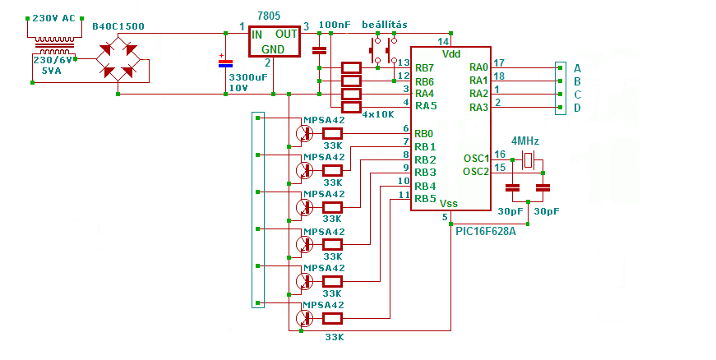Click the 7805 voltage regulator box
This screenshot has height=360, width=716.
pos(274,42)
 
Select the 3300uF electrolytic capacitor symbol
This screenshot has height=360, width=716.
pos(225,63)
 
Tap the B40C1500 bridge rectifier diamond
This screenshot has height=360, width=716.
pos(118,58)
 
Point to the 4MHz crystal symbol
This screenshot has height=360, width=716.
pos(528,160)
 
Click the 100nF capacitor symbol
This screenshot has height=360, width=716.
pos(319,50)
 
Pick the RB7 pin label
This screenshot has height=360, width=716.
pos(424,68)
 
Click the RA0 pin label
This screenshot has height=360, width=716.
pos(478,67)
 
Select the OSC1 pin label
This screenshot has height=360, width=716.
pos(476,159)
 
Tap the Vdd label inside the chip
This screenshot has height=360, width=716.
pos(451,54)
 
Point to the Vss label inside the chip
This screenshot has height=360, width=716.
pos(448,203)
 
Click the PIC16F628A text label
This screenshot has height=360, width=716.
pos(486,231)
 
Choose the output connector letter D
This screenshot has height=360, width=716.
pos(577,108)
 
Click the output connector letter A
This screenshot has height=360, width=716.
pos(577,68)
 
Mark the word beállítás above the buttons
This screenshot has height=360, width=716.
pos(385,24)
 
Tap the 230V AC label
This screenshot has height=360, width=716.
pos(53,18)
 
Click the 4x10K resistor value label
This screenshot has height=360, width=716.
pos(377,114)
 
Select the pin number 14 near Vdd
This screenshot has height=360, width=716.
pos(443,42)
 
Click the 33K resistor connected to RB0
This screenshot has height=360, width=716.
pos(332,133)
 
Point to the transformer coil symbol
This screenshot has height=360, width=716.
pos(55,46)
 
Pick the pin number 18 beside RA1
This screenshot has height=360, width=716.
pos(499,76)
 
